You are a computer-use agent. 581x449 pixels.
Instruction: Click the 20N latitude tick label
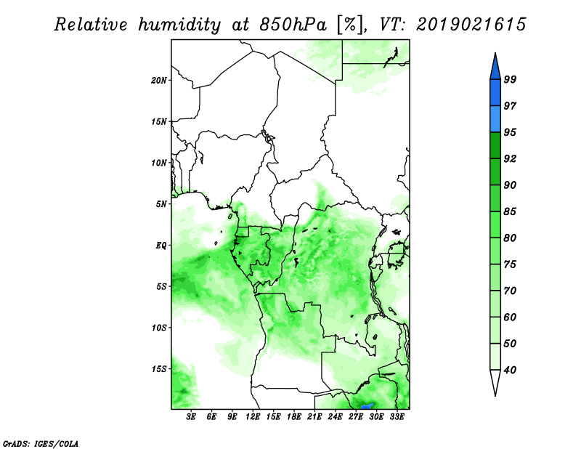(x=158, y=80)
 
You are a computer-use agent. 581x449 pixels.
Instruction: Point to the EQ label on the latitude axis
(x=161, y=246)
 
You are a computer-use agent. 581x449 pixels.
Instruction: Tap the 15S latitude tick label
(x=158, y=369)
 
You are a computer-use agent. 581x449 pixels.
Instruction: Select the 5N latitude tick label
(x=161, y=204)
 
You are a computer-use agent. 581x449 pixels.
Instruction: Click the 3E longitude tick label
(x=191, y=417)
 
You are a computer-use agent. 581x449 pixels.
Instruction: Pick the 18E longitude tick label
(x=294, y=417)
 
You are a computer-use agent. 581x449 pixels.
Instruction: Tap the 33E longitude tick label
(x=397, y=417)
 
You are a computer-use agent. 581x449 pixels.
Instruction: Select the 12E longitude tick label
(x=253, y=417)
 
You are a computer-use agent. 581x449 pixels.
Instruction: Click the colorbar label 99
(x=510, y=79)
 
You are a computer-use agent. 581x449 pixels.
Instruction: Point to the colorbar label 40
(x=510, y=370)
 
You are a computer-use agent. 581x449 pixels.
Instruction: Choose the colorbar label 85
(x=510, y=211)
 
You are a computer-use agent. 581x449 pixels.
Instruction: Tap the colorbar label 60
(x=510, y=317)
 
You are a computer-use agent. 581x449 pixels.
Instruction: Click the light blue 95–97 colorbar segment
(x=495, y=119)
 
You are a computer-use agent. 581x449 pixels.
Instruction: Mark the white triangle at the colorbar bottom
(x=495, y=382)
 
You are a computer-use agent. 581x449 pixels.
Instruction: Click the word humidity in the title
(x=179, y=25)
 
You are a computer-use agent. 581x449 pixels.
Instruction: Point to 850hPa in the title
(x=293, y=25)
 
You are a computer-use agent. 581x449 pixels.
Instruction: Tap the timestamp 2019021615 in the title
(x=471, y=25)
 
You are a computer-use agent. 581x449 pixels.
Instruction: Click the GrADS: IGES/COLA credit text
(x=41, y=443)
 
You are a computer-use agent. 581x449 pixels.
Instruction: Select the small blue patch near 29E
(x=367, y=406)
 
